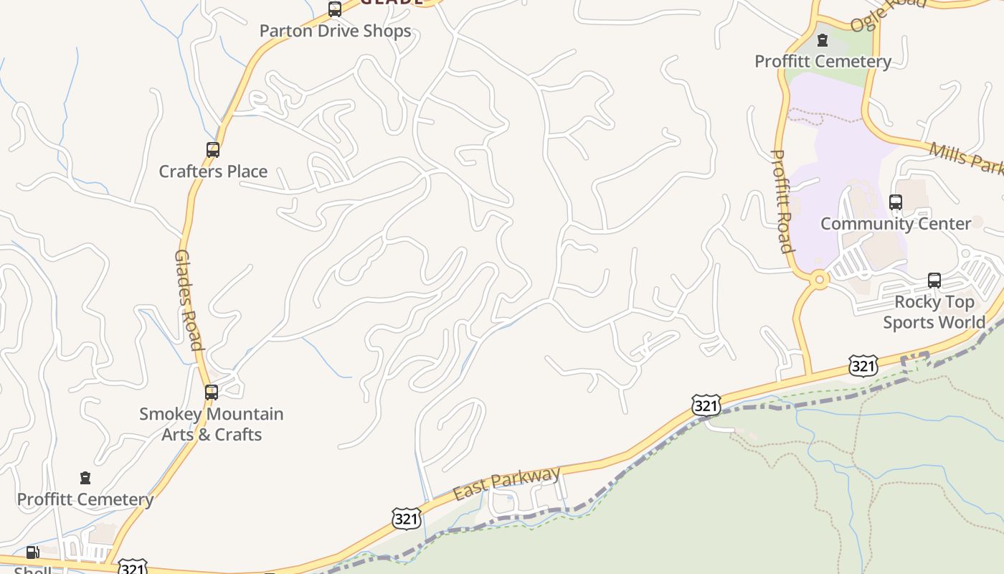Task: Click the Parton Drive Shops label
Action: click(x=335, y=31)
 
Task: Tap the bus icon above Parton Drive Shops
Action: click(x=335, y=9)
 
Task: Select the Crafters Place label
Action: click(x=213, y=171)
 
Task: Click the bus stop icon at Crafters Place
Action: click(x=213, y=150)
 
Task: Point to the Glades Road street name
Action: click(x=188, y=300)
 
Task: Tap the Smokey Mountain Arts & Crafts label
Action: click(x=212, y=424)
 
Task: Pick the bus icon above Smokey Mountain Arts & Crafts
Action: click(x=212, y=392)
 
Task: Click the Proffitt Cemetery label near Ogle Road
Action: click(x=823, y=62)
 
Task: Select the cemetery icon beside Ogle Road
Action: click(x=823, y=39)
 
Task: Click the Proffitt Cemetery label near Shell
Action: click(x=85, y=499)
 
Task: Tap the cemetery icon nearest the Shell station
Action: click(x=85, y=478)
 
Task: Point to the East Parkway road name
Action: click(x=506, y=484)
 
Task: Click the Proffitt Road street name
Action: click(x=782, y=201)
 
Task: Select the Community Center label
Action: click(x=896, y=224)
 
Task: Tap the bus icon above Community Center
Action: click(x=896, y=202)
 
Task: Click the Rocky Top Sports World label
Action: click(x=934, y=312)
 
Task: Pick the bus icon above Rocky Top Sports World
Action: click(x=934, y=281)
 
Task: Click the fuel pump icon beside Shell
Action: click(x=32, y=552)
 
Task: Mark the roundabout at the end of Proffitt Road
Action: click(x=818, y=280)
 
